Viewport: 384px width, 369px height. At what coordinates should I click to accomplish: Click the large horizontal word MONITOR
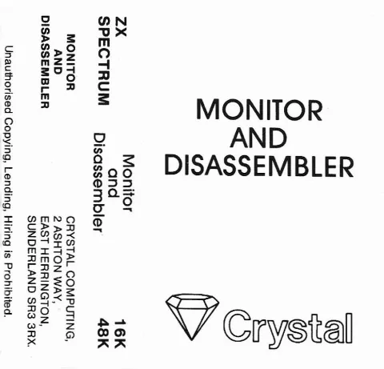pyautogui.click(x=259, y=110)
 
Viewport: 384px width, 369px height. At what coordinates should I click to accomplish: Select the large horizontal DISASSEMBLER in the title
pyautogui.click(x=259, y=166)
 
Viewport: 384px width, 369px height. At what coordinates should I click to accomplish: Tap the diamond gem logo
pyautogui.click(x=192, y=317)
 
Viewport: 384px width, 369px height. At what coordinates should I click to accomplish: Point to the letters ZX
pyautogui.click(x=120, y=26)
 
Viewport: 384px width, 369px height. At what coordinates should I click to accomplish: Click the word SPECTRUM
pyautogui.click(x=103, y=61)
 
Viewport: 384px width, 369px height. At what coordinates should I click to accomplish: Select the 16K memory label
pyautogui.click(x=120, y=333)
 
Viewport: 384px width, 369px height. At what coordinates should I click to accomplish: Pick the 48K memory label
pyautogui.click(x=103, y=333)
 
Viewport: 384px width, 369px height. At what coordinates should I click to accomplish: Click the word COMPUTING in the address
pyautogui.click(x=70, y=304)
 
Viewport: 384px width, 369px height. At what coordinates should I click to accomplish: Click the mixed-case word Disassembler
pyautogui.click(x=98, y=182)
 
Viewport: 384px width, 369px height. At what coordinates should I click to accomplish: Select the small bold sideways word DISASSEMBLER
pyautogui.click(x=46, y=62)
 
